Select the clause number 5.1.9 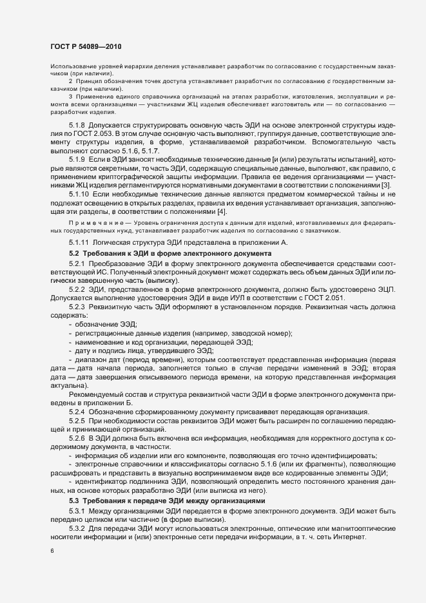79,158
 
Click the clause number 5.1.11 81,242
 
